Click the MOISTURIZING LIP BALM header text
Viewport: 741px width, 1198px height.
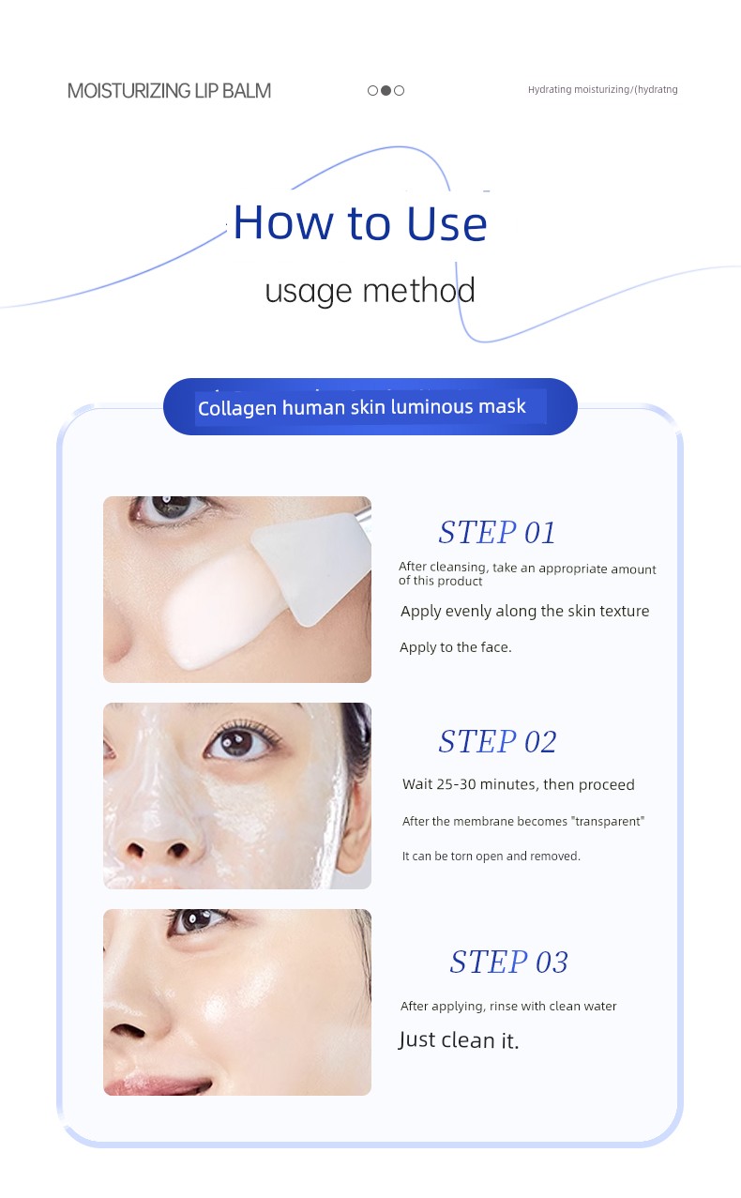pyautogui.click(x=169, y=91)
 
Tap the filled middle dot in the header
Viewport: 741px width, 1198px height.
pyautogui.click(x=386, y=90)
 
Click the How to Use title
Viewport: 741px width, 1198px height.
pyautogui.click(x=360, y=222)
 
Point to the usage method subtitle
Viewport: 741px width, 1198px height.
pyautogui.click(x=370, y=291)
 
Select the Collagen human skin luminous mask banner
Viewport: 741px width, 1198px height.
pyautogui.click(x=370, y=406)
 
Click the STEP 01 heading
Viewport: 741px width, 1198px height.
pyautogui.click(x=497, y=532)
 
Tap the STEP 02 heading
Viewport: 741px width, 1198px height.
pyautogui.click(x=497, y=741)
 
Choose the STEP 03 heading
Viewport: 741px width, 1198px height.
pyautogui.click(x=508, y=962)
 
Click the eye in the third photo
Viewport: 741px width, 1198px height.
pyautogui.click(x=197, y=921)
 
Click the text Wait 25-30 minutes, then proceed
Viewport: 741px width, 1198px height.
pyautogui.click(x=518, y=784)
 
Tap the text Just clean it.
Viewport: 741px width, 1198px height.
pyautogui.click(x=458, y=1040)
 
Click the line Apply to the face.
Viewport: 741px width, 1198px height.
pyautogui.click(x=456, y=647)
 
